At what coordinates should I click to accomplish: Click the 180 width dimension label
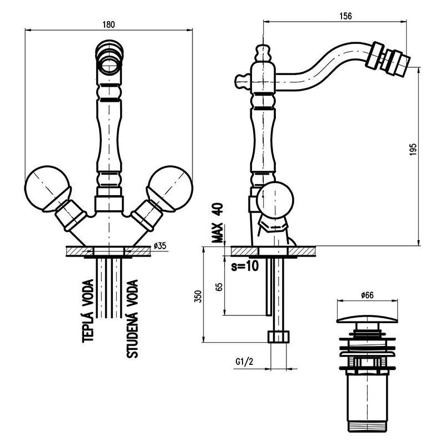[x=109, y=24]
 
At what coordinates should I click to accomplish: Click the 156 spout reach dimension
[x=345, y=16]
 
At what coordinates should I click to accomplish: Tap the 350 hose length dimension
[x=197, y=296]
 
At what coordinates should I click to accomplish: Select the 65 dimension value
[x=219, y=287]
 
